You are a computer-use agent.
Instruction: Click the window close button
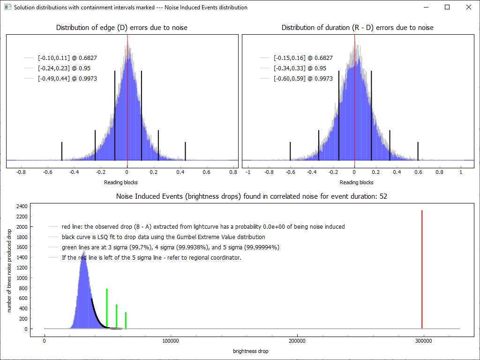click(468, 7)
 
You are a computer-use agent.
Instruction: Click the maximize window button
click(447, 7)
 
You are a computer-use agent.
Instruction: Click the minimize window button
click(426, 7)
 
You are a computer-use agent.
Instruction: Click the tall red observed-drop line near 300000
click(422, 270)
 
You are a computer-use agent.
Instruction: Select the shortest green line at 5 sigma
click(126, 320)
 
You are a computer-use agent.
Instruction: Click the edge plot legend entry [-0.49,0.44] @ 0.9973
click(67, 79)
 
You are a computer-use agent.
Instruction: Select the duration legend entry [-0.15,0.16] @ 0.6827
click(303, 58)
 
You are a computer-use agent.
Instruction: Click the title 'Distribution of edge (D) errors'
click(121, 28)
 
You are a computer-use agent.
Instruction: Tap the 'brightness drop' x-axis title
click(250, 351)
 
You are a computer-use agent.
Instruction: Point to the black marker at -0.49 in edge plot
click(62, 151)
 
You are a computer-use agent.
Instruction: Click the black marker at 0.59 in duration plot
click(419, 151)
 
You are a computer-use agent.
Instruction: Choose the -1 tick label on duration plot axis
click(248, 172)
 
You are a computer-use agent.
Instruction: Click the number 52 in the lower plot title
click(383, 196)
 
